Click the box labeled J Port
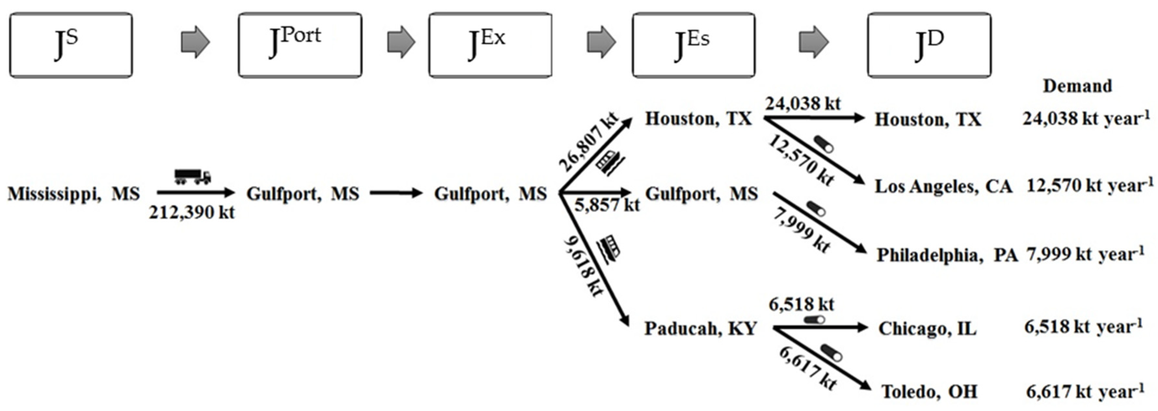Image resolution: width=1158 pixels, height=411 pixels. tap(300, 45)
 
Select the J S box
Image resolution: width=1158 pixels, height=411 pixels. tap(71, 45)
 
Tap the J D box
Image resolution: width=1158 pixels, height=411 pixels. tap(929, 45)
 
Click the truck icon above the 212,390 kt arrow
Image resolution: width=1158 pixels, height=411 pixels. tap(193, 177)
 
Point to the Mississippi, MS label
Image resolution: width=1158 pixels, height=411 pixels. tap(74, 194)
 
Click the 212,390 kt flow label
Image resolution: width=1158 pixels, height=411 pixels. tap(192, 212)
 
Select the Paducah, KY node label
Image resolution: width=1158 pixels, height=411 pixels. tap(701, 329)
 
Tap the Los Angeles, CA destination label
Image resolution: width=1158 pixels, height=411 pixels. tap(943, 186)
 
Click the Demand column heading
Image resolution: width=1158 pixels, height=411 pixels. tap(1077, 86)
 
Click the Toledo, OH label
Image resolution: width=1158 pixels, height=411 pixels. tap(929, 392)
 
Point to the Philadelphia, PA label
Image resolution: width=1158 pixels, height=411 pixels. tap(947, 255)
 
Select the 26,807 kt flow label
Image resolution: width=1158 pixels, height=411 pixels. tap(588, 142)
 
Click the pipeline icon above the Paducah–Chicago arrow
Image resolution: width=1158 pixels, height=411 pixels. tap(814, 320)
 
